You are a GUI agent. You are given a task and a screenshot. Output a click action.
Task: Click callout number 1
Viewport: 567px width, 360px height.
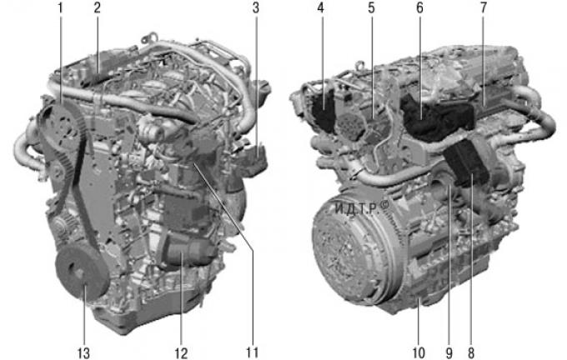tap(60, 7)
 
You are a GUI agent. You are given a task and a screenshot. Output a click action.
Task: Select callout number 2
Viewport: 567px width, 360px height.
tap(97, 7)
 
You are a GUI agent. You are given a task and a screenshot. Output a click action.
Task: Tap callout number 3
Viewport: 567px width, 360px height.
tap(256, 7)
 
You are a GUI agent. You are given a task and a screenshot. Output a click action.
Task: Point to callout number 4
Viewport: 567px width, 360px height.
tap(321, 7)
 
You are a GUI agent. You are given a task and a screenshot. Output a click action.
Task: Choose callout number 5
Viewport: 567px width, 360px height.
tap(371, 7)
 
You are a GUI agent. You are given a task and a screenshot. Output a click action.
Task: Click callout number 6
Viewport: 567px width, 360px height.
tap(419, 7)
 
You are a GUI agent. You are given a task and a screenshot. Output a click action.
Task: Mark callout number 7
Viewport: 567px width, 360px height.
tap(484, 7)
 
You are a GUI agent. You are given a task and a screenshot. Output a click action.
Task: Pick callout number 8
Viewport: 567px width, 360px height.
tap(471, 352)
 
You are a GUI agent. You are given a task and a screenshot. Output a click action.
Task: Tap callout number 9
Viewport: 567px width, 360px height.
tap(449, 352)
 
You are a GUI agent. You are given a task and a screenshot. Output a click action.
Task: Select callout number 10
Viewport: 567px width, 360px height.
tap(419, 352)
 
